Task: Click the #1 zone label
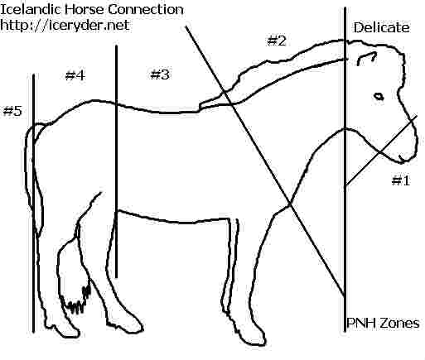401,180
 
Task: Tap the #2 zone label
277,41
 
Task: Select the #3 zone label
160,74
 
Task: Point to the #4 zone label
75,75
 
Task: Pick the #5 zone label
12,111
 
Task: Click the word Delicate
381,27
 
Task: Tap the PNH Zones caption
383,323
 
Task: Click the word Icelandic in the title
31,9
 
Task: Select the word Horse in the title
85,9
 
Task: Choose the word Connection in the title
146,9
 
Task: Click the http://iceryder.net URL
65,25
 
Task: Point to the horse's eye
379,96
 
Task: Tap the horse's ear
366,57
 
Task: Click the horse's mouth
403,158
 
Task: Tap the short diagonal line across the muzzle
381,151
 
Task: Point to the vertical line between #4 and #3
116,161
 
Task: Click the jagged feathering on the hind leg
77,300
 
